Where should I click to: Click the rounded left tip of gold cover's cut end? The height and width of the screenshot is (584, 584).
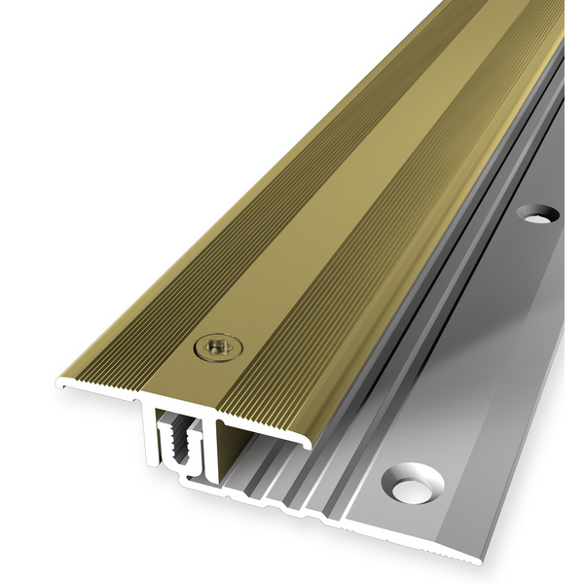click(x=60, y=384)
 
